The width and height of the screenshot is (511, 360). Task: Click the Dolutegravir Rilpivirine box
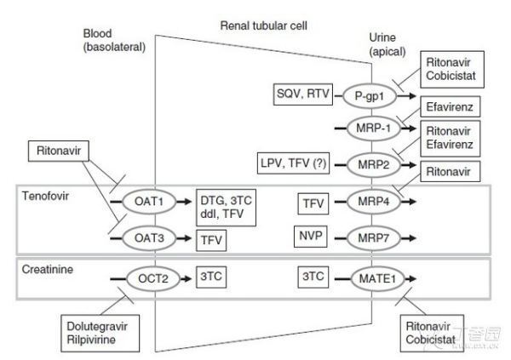(x=97, y=331)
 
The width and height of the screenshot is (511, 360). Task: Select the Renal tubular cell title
(x=262, y=26)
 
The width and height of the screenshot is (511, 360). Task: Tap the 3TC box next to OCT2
(x=210, y=277)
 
